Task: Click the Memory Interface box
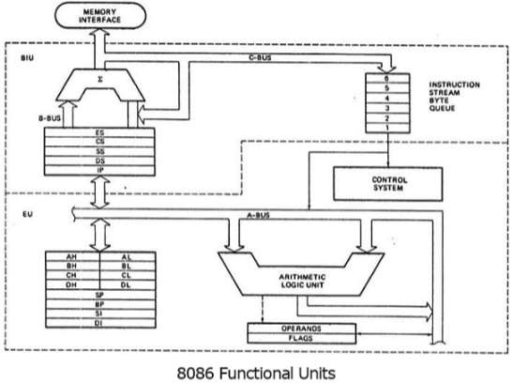click(x=99, y=16)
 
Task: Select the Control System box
click(x=386, y=182)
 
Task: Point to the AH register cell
click(x=71, y=255)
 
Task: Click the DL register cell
click(x=126, y=284)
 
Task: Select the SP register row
click(x=98, y=295)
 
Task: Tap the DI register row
click(x=98, y=324)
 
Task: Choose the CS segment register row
click(x=99, y=143)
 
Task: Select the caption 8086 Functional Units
click(x=256, y=372)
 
